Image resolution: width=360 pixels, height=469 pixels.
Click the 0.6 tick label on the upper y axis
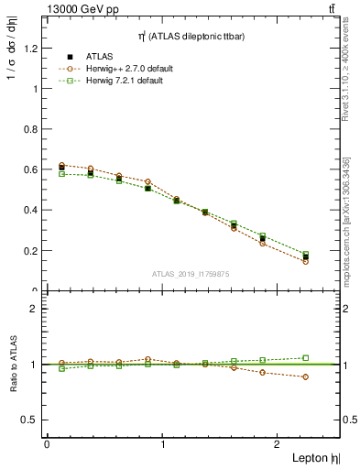pos(30,169)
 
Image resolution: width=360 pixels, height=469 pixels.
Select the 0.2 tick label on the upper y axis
pos(30,250)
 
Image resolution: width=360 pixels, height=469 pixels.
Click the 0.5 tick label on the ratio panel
pos(30,420)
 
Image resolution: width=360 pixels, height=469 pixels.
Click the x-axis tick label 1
pos(163,443)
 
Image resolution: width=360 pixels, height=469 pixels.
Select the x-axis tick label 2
pos(279,443)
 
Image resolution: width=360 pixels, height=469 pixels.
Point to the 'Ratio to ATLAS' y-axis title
pos(12,365)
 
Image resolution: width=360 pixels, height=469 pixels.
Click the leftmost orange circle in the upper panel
pos(61,166)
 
